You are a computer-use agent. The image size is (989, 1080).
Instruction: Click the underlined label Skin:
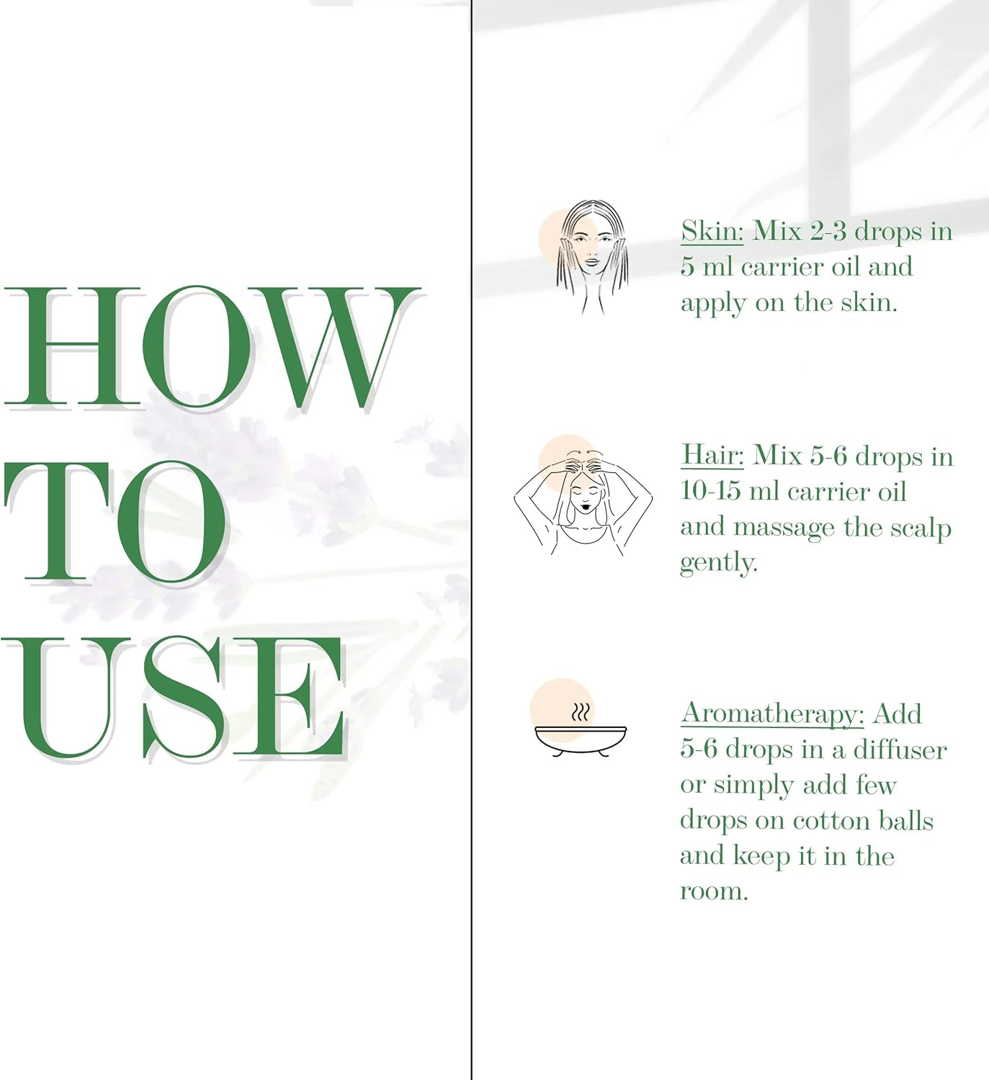712,232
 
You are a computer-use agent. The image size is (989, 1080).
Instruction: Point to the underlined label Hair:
712,456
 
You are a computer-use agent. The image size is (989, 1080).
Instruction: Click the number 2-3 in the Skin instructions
828,232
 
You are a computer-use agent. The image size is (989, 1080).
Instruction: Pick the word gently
719,563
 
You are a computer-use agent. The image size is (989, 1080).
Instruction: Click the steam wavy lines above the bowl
581,712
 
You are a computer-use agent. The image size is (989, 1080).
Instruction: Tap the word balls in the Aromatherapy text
906,821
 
